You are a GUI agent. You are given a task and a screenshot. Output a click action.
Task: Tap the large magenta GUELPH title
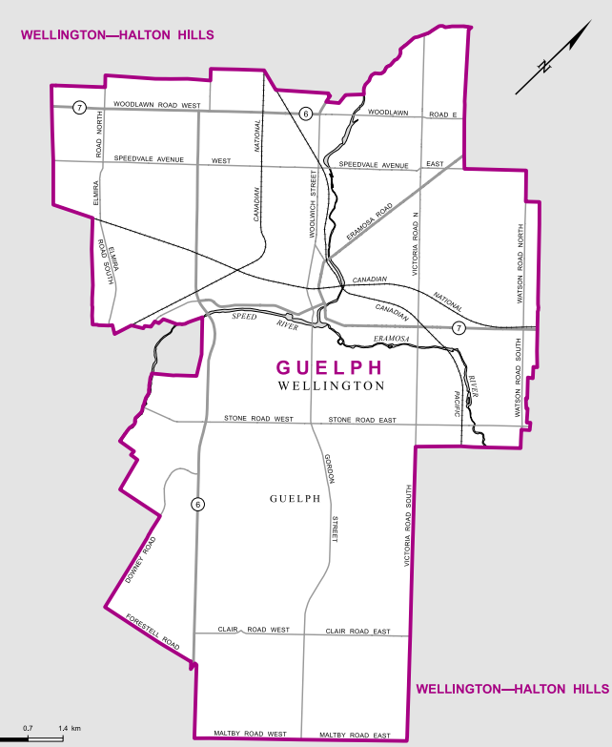pyautogui.click(x=329, y=368)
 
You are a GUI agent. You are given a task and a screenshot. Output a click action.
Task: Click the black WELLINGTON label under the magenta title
pyautogui.click(x=331, y=386)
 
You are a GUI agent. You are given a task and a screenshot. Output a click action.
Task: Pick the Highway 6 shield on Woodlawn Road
pyautogui.click(x=305, y=114)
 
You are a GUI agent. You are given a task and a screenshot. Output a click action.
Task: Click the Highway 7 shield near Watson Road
pyautogui.click(x=459, y=328)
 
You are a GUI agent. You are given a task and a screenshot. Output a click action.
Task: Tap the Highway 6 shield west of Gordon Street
pyautogui.click(x=197, y=505)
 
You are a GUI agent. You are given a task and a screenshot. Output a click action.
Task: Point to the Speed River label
pyautogui.click(x=256, y=321)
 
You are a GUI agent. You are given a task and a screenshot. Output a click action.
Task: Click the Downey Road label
pyautogui.click(x=139, y=562)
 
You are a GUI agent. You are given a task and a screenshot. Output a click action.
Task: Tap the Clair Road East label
pyautogui.click(x=357, y=632)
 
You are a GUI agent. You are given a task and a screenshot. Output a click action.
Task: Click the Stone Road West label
pyautogui.click(x=259, y=419)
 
